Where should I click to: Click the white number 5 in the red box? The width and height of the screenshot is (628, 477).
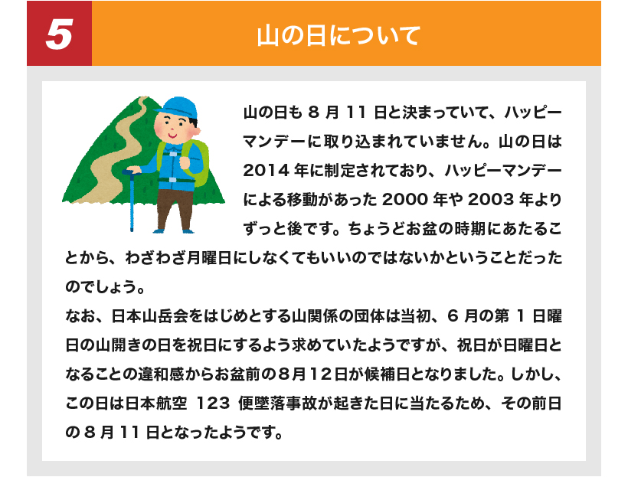pos(59,34)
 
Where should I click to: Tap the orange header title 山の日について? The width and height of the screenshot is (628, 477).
pos(339,35)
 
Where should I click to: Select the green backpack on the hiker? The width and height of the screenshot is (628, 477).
pos(196,162)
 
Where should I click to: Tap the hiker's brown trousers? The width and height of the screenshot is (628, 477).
pos(174,209)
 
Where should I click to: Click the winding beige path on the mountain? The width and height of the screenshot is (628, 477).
pos(112,152)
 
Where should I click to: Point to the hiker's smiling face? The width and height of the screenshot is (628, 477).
pos(173,127)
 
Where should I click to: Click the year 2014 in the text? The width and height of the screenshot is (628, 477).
pos(266,171)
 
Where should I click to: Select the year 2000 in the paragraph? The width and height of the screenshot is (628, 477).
pos(405,199)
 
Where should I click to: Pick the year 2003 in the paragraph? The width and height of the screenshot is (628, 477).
pos(490,199)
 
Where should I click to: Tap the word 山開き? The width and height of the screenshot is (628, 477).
pos(119,345)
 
